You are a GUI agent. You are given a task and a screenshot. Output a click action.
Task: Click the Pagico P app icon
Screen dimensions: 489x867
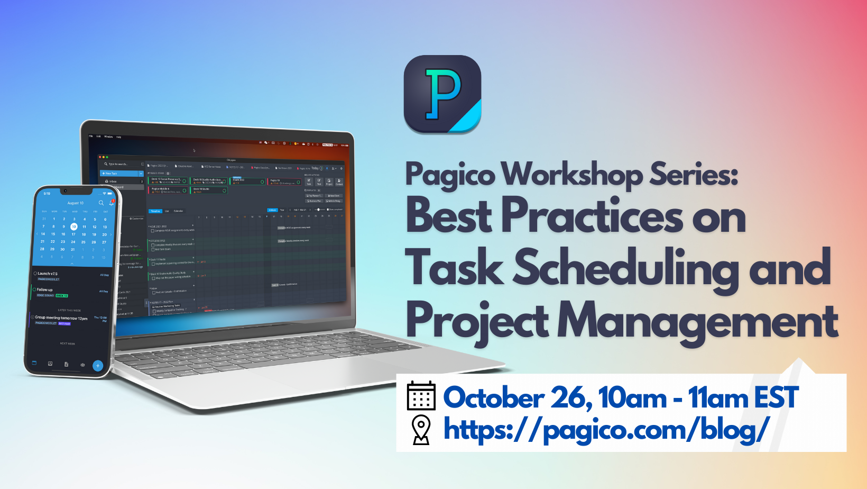click(x=442, y=94)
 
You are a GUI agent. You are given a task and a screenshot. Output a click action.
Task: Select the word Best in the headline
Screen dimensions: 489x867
click(x=449, y=216)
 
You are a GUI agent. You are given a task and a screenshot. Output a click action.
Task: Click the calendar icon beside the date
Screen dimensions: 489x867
click(x=421, y=396)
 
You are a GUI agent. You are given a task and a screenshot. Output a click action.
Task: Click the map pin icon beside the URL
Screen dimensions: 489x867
click(x=421, y=430)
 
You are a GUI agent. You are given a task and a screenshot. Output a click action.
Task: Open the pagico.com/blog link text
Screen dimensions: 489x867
click(x=606, y=429)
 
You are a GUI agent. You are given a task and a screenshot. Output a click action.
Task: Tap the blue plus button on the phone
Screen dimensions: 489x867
click(x=98, y=365)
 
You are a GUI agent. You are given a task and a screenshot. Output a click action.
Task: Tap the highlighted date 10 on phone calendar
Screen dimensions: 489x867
click(x=74, y=227)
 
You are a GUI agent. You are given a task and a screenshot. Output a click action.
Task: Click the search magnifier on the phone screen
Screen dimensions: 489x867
click(x=101, y=203)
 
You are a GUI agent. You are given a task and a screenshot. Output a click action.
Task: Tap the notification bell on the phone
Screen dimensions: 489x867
click(x=111, y=203)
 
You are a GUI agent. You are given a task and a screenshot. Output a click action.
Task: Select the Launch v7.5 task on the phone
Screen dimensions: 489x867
click(x=48, y=274)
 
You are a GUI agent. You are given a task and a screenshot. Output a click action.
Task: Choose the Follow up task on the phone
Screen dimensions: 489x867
click(x=44, y=290)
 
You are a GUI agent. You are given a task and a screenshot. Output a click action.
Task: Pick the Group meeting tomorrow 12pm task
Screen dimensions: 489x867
click(x=61, y=318)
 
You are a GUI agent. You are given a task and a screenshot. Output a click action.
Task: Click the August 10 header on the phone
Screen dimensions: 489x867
click(x=75, y=203)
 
